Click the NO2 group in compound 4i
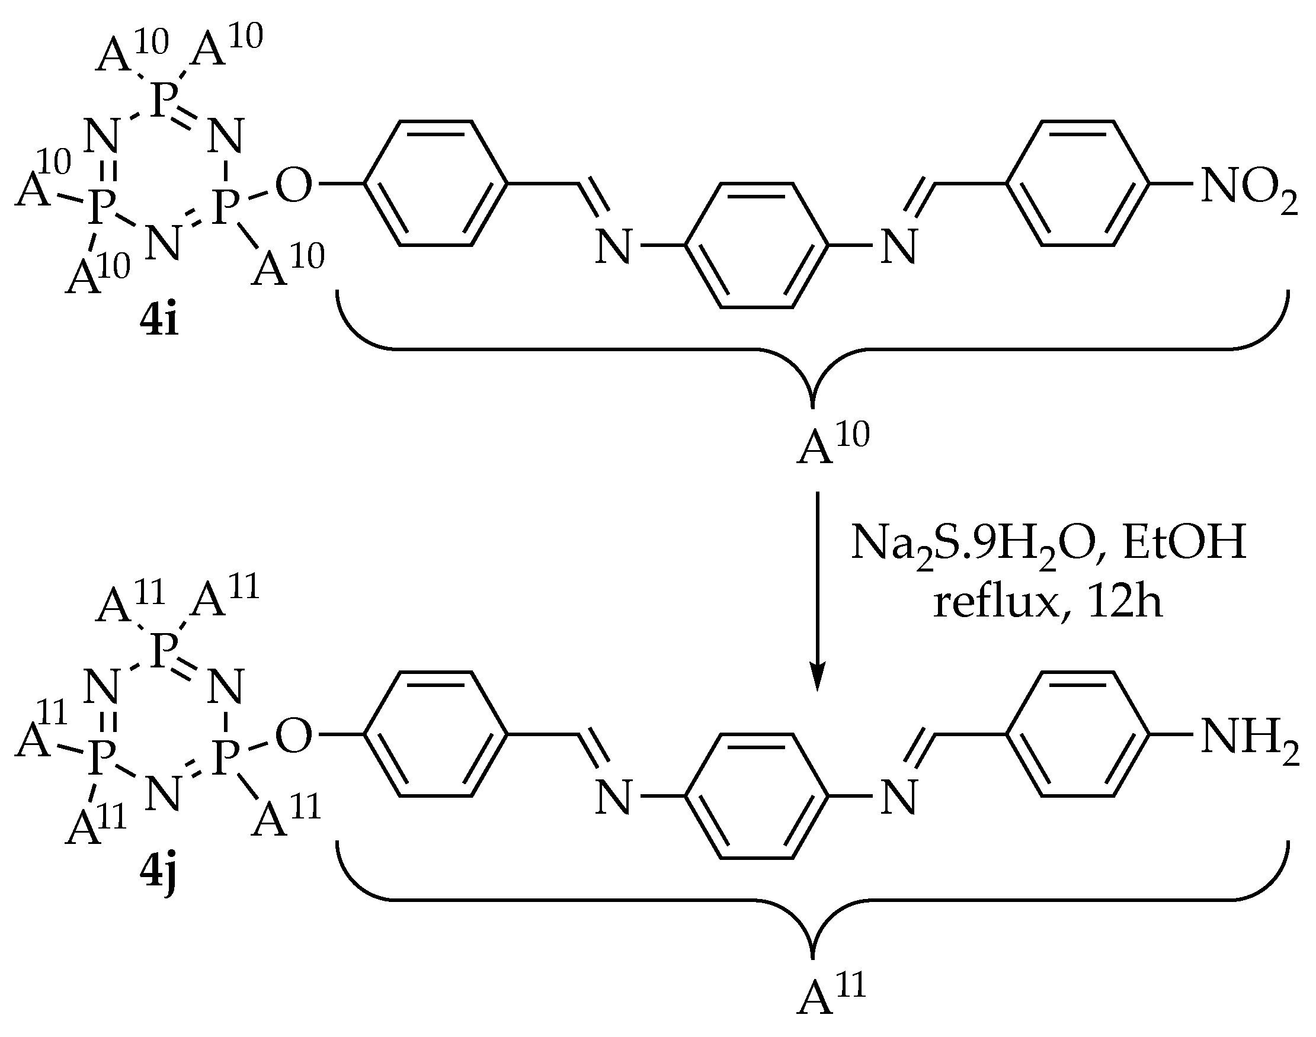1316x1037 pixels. pos(1248,187)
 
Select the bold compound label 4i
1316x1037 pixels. pos(159,322)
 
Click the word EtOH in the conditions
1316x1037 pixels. pos(1184,542)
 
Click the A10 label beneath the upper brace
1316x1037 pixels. pos(832,443)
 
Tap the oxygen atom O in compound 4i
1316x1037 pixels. pos(293,185)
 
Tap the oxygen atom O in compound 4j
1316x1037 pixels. pos(293,737)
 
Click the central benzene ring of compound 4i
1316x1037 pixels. pos(757,245)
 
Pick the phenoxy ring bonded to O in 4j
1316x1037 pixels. pos(436,734)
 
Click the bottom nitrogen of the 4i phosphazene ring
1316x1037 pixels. pos(164,243)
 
